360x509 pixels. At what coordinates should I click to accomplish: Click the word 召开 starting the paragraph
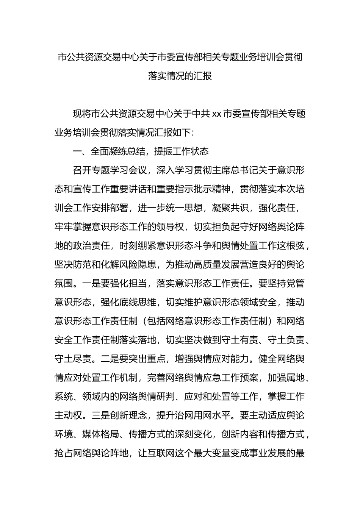pos(82,170)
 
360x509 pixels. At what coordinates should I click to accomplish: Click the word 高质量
pos(207,265)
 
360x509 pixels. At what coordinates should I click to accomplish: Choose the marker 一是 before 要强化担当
pos(91,284)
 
